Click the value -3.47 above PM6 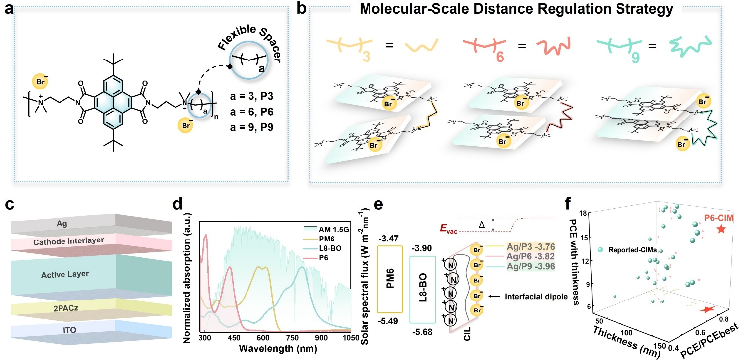(388, 233)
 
